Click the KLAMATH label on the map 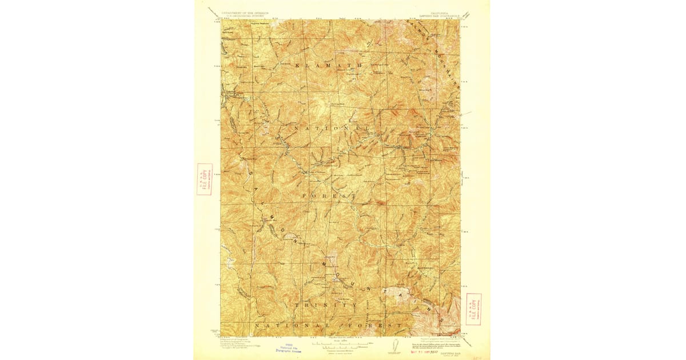point(329,66)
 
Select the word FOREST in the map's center point(329,196)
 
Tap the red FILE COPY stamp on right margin point(473,309)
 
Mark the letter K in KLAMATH point(298,66)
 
